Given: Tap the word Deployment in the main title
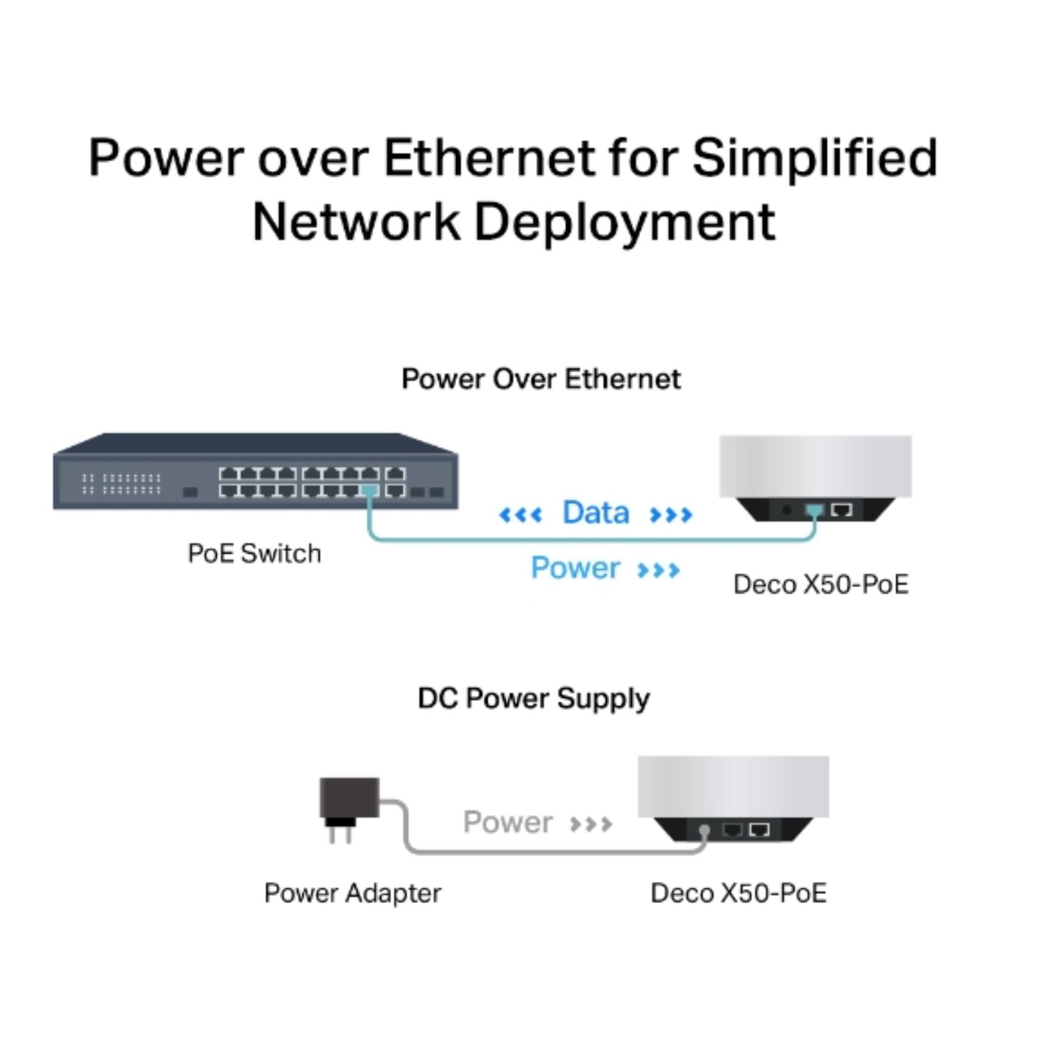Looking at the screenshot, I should (x=625, y=223).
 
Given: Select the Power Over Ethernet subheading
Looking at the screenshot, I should (x=540, y=379).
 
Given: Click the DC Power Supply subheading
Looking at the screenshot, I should (x=533, y=699).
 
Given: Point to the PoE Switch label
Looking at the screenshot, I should (x=255, y=554).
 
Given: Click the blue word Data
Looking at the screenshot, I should (x=596, y=513).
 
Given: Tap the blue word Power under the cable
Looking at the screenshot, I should (x=575, y=568).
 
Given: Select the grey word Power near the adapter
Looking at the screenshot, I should (x=508, y=822).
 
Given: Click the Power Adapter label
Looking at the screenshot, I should (x=352, y=893).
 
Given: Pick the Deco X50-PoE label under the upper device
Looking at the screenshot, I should (x=821, y=584).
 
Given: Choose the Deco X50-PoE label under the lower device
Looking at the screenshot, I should (x=738, y=893).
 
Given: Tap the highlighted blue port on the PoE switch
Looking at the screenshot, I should (x=370, y=491).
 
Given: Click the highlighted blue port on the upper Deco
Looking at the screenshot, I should (x=814, y=510).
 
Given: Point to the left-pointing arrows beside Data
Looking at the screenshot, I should (x=520, y=515).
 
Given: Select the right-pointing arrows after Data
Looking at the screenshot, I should (x=671, y=515).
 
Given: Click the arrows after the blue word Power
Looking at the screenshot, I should (x=658, y=570).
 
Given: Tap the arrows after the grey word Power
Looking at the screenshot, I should (x=591, y=824).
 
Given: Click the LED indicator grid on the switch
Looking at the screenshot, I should (x=121, y=484).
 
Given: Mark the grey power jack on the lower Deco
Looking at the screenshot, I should (x=704, y=831).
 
